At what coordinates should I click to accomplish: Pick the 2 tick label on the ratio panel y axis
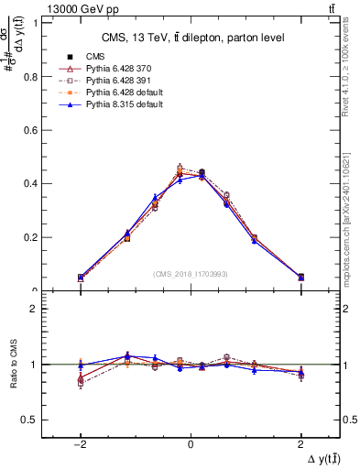coord(37,310)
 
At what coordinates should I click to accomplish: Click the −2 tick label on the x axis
coord(81,442)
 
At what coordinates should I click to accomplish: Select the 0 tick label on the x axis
coord(191,442)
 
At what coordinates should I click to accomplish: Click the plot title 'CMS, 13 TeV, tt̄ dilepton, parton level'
coord(191,37)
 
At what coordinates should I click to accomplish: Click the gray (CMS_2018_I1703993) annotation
coord(190,274)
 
